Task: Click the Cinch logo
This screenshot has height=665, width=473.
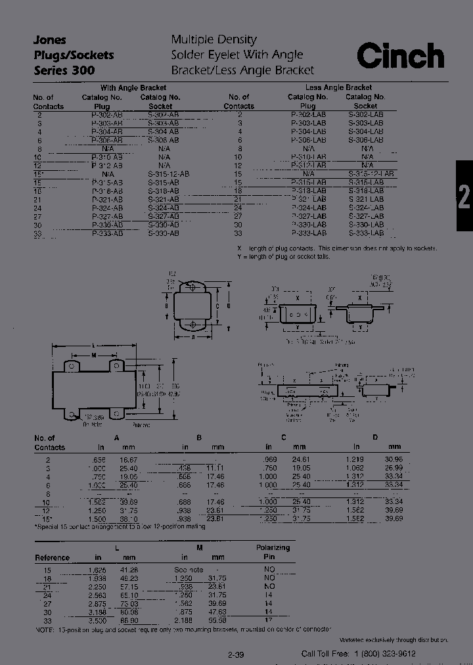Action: pos(400,57)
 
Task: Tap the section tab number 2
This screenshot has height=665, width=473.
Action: pos(464,196)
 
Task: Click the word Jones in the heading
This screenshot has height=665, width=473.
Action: pos(50,40)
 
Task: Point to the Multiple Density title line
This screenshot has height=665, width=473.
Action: pos(214,40)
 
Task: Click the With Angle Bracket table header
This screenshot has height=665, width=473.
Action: pos(133,87)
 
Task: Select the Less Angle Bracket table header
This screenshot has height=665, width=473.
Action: pos(338,87)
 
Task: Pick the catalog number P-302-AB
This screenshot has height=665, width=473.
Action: pos(106,114)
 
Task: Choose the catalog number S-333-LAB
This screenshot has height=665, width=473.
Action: pos(365,233)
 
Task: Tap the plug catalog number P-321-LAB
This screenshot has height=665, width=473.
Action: pos(308,199)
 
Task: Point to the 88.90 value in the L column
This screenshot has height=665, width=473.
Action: pos(128,620)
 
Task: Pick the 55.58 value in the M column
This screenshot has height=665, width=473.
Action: pos(215,620)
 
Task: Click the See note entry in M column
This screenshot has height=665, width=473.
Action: pos(189,569)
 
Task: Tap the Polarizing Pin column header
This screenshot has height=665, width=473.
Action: pos(273,552)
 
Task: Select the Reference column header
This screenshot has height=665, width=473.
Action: pos(52,557)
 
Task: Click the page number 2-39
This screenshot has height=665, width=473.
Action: pos(236,654)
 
